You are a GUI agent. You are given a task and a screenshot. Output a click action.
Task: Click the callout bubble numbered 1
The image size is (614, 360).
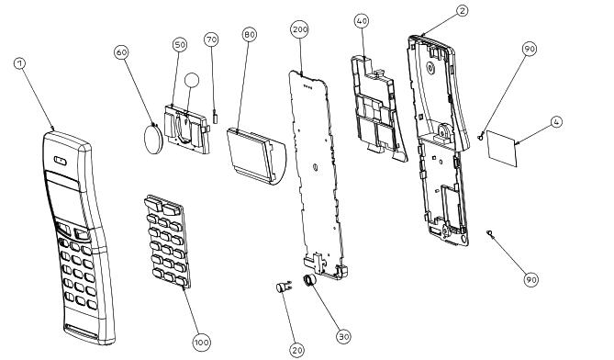20,63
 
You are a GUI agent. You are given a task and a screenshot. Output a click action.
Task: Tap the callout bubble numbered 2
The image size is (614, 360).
463,11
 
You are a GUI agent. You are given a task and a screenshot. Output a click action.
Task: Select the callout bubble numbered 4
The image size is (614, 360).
556,122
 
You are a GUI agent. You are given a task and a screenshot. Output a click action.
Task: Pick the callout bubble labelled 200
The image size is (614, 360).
300,29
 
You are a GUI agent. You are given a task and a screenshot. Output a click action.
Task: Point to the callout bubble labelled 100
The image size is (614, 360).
202,343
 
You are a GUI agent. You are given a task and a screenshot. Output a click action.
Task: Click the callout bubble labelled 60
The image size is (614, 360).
122,52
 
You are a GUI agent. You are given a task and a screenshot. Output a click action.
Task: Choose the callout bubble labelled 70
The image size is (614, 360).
211,39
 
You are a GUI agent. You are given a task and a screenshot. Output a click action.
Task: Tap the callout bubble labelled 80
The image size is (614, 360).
250,35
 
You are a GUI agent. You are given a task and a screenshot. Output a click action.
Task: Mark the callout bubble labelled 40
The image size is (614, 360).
362,21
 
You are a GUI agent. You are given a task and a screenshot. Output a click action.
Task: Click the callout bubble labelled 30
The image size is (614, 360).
343,336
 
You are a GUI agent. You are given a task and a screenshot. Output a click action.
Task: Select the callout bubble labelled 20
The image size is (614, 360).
297,350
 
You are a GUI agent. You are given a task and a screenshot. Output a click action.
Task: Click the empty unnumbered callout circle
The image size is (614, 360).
192,80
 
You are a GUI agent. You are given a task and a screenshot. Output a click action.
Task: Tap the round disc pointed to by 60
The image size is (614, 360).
153,139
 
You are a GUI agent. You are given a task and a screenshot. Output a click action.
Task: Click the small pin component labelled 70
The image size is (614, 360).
215,117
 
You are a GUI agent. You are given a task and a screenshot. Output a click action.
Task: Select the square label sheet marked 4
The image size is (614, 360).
502,149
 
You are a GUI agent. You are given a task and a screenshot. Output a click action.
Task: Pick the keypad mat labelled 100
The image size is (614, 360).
167,241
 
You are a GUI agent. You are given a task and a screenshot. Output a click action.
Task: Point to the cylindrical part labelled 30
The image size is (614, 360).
309,280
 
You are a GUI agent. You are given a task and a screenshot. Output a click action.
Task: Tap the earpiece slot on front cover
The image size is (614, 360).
61,161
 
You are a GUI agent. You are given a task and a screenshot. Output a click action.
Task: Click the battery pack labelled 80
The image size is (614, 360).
256,155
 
